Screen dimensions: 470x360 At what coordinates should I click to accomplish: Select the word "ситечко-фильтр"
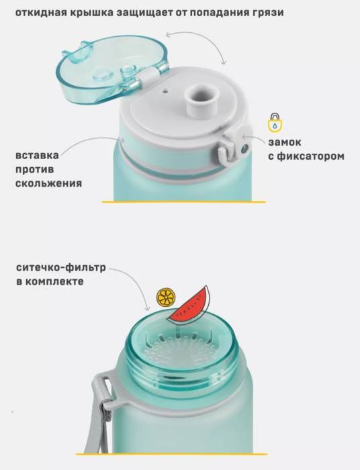[x=61, y=268]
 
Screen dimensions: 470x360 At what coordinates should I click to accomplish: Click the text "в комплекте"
[x=50, y=281]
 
